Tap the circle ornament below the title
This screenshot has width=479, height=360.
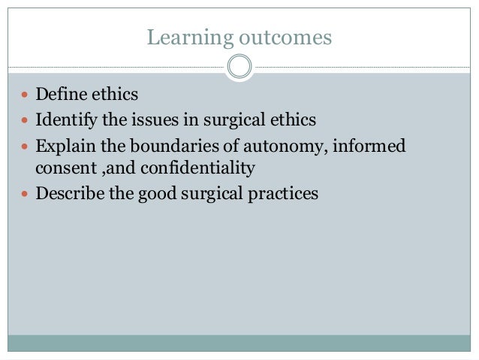tap(239, 67)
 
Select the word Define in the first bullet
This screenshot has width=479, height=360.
tap(59, 96)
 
